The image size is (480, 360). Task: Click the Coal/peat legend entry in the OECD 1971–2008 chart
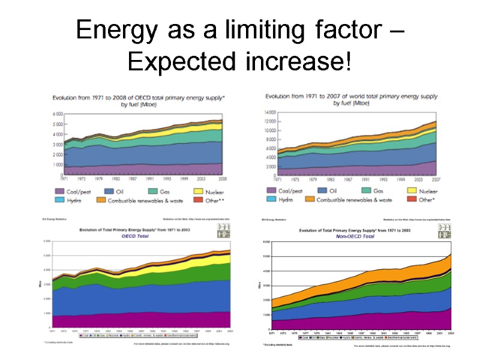click(x=76, y=191)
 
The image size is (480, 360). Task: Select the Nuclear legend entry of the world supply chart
click(x=421, y=191)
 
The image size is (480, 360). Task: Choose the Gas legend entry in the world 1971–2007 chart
click(x=377, y=191)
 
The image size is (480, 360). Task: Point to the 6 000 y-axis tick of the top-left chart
click(x=58, y=113)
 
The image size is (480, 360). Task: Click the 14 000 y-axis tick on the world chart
click(x=268, y=112)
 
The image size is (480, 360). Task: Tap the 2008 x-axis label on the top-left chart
click(x=221, y=178)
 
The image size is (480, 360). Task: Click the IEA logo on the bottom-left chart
click(x=223, y=230)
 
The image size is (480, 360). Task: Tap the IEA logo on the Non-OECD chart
click(x=444, y=231)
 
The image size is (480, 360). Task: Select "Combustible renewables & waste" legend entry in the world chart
click(x=355, y=199)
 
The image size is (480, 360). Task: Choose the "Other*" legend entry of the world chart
click(x=427, y=199)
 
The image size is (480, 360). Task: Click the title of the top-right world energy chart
click(x=351, y=99)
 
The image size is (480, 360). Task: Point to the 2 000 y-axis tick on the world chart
click(x=269, y=167)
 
